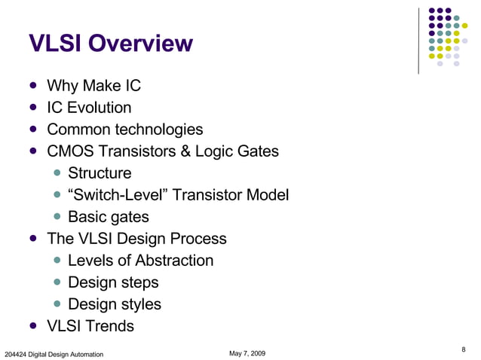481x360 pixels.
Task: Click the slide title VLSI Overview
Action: (x=110, y=44)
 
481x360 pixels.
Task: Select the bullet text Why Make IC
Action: (x=93, y=86)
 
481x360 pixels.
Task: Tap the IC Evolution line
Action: (x=89, y=108)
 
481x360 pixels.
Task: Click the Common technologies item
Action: (x=124, y=130)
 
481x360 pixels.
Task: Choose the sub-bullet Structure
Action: (x=99, y=173)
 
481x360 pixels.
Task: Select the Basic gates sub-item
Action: (x=108, y=217)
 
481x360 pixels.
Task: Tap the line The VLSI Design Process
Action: (x=136, y=239)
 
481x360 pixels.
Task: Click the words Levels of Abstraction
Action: (x=140, y=261)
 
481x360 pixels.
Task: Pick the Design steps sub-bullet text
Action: (x=113, y=282)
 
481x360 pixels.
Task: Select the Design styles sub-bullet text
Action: (x=114, y=304)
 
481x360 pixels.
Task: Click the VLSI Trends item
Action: (x=90, y=326)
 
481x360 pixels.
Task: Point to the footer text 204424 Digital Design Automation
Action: (x=54, y=354)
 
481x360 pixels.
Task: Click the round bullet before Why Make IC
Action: (x=33, y=86)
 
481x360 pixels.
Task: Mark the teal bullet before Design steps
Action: (x=57, y=283)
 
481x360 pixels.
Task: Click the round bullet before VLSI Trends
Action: (x=33, y=326)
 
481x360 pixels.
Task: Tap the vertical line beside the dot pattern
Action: (x=418, y=41)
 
